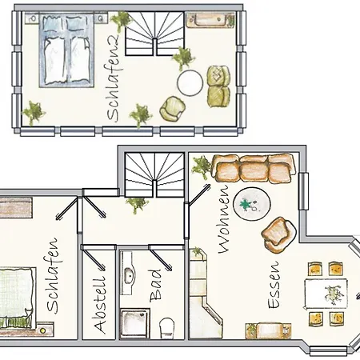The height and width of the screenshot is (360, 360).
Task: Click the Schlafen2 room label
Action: tap(114, 78)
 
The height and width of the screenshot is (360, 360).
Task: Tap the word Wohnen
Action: tap(224, 218)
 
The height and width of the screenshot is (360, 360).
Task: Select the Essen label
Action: tap(274, 285)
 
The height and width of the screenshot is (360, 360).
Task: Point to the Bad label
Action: tap(155, 286)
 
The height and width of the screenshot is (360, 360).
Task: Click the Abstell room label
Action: tap(100, 306)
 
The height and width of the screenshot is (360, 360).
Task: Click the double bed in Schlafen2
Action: tap(66, 50)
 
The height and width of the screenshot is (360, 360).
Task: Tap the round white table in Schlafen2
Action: tap(190, 82)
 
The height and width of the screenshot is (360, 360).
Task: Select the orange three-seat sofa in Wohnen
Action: tap(254, 169)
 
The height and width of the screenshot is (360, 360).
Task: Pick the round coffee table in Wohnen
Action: tap(252, 204)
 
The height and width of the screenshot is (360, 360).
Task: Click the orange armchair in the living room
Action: tap(279, 235)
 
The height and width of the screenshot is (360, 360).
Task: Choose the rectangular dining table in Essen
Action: tap(326, 294)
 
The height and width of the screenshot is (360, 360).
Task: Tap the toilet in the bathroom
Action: tap(167, 328)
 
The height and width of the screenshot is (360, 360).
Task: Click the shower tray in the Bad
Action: tap(135, 323)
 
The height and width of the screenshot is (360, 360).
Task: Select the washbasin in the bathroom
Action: tap(128, 273)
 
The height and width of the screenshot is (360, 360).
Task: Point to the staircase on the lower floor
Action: tap(154, 174)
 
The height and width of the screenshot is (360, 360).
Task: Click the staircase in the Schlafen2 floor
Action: tap(154, 34)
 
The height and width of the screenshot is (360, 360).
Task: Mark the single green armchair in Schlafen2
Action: tap(173, 109)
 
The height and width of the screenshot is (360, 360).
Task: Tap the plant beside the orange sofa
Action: tap(202, 166)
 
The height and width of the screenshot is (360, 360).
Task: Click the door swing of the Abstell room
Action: tap(93, 257)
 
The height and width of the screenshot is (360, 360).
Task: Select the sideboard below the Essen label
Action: tap(268, 330)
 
